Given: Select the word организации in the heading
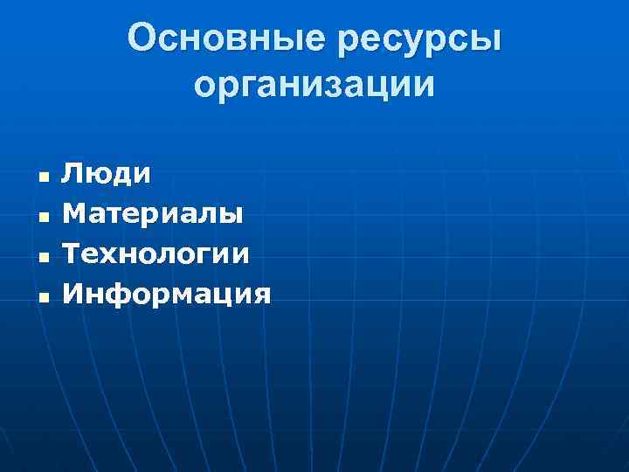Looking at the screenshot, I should coord(314,84).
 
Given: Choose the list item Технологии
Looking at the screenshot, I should coord(156,254).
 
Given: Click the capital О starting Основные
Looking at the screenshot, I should coord(142,38).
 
